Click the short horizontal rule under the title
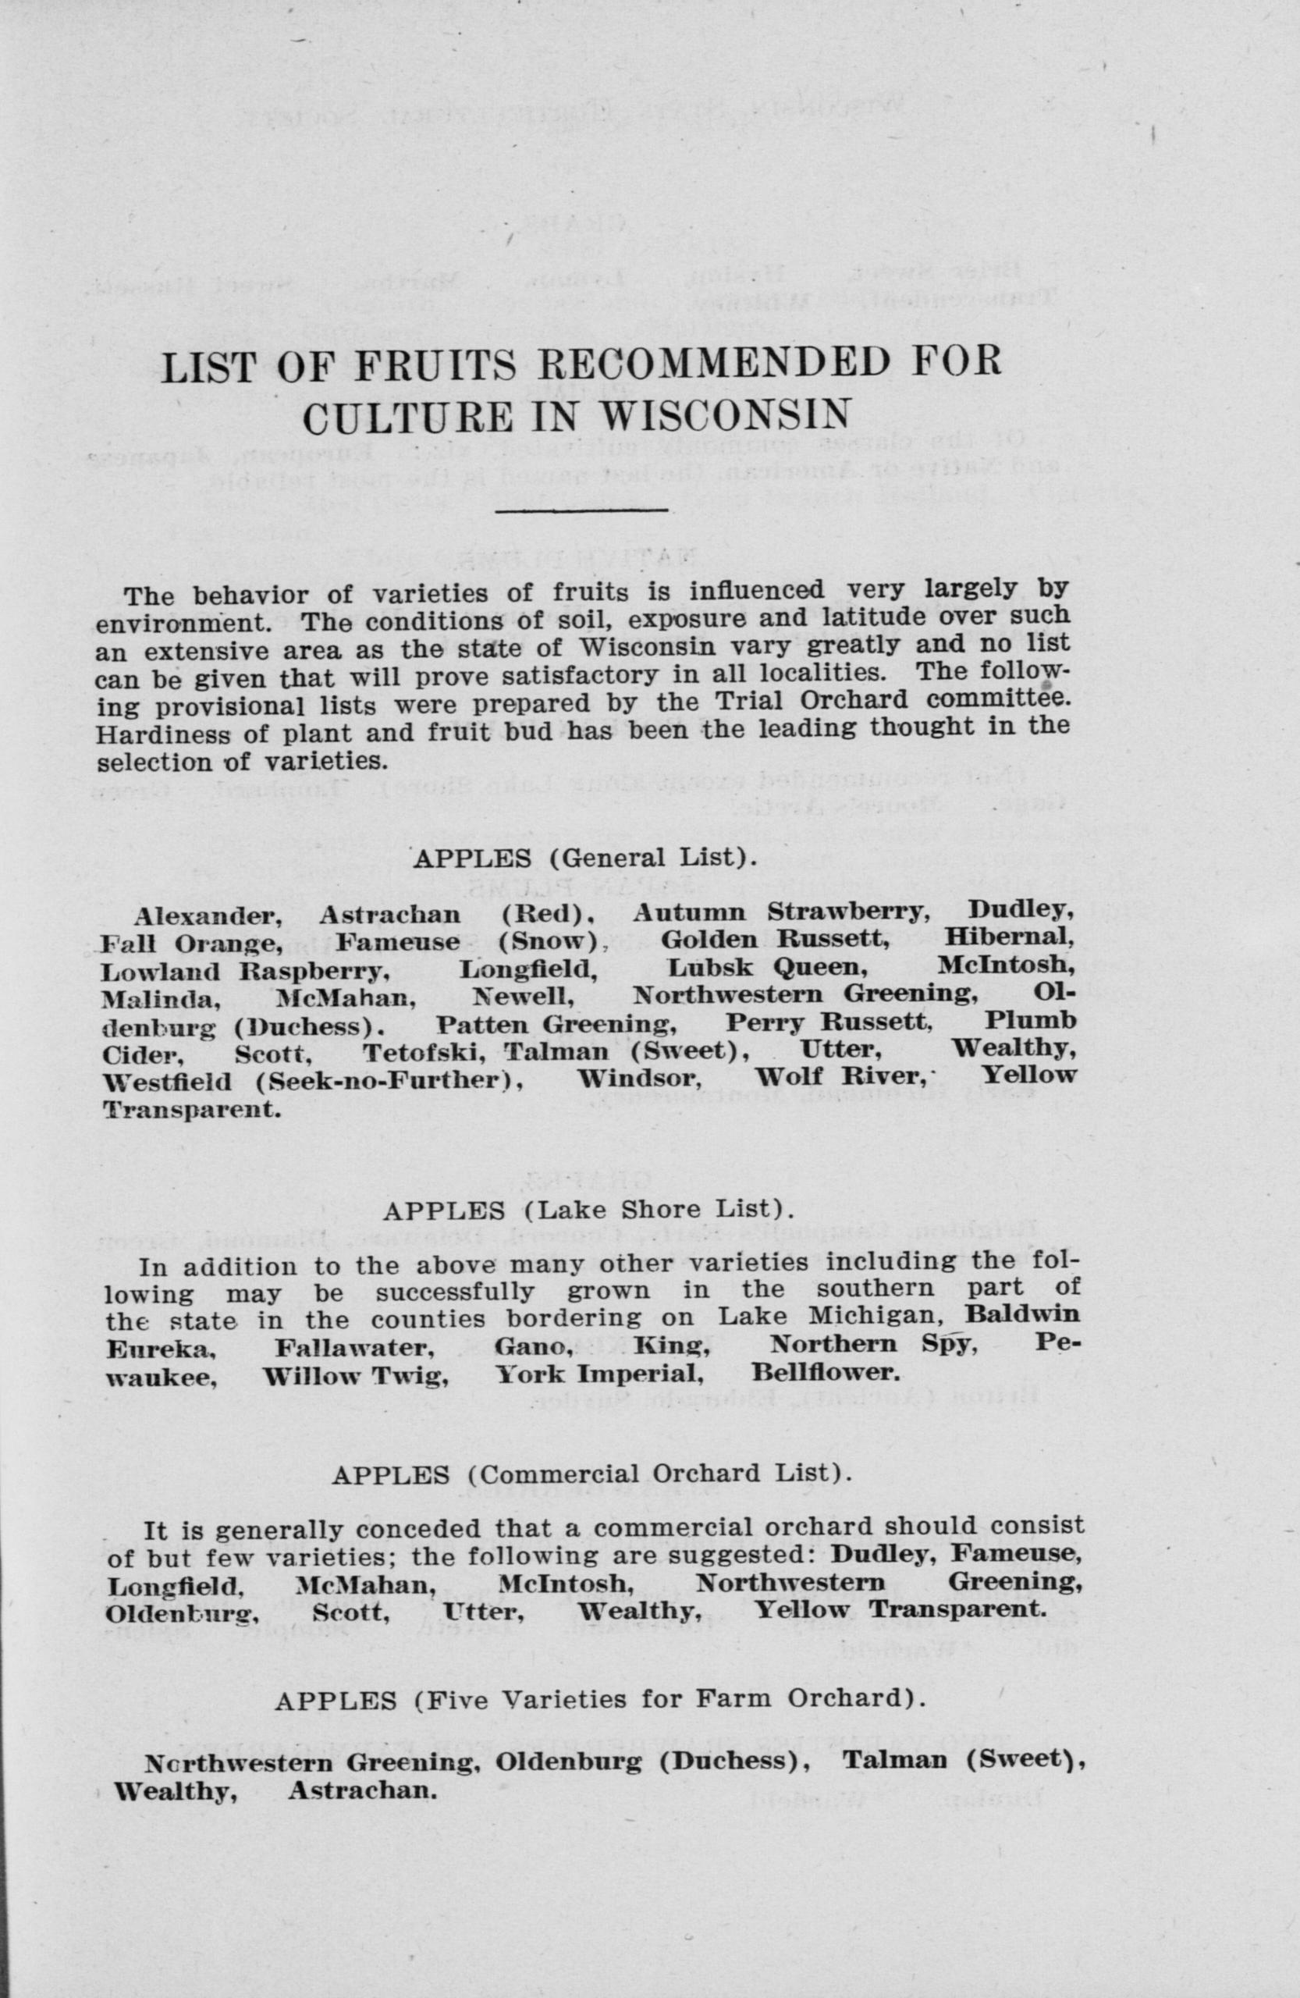(582, 509)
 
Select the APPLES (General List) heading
(585, 858)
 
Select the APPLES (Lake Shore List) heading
(588, 1211)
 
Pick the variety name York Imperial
(599, 1374)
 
